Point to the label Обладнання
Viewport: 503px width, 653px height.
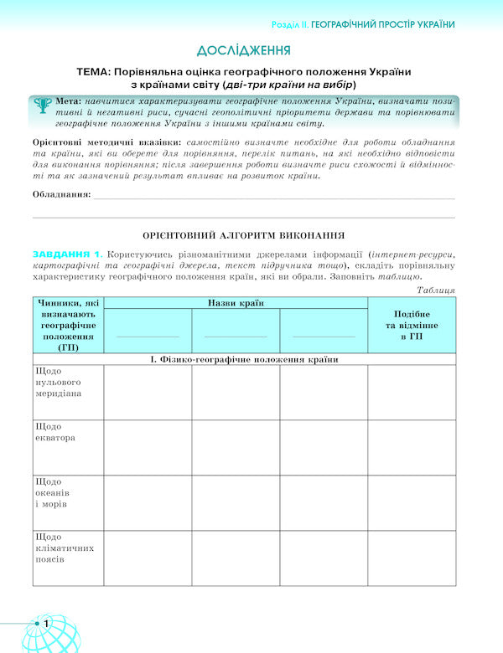click(x=60, y=193)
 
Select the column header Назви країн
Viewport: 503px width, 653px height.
click(x=236, y=302)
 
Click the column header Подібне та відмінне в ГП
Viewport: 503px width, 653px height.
click(x=412, y=324)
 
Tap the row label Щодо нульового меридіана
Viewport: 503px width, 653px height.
click(x=59, y=382)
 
